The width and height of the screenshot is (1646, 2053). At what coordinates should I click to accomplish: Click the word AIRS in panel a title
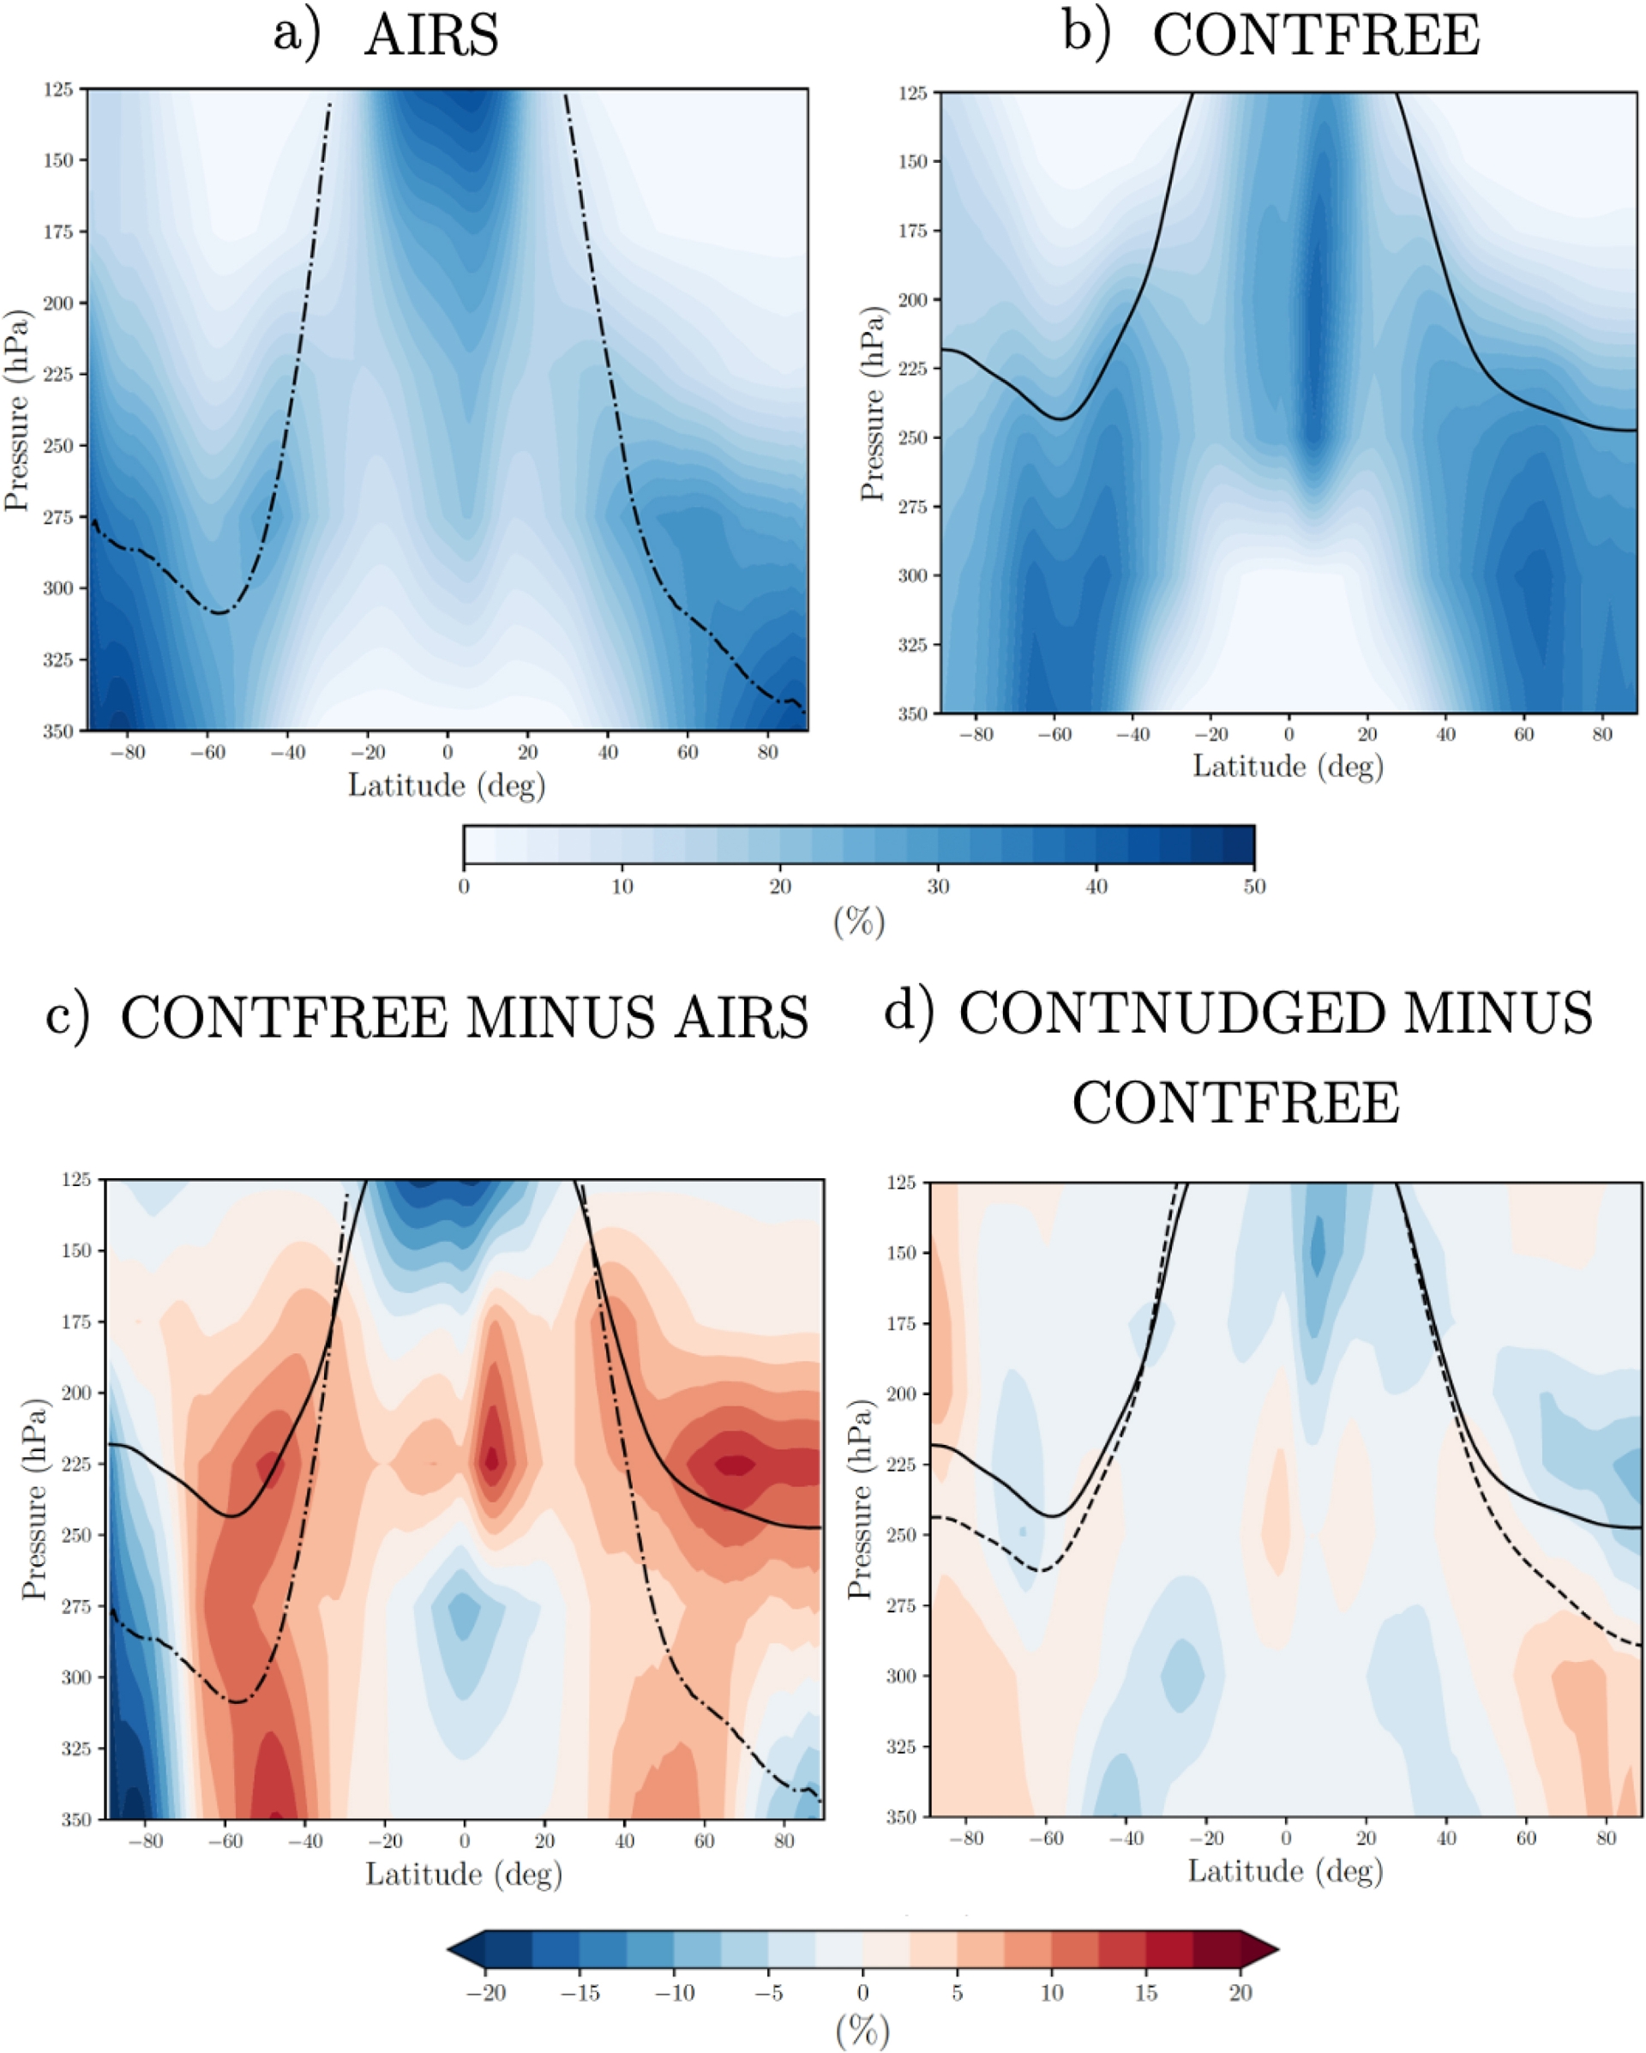[431, 36]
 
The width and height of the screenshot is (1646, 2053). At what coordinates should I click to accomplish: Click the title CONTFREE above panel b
[1316, 36]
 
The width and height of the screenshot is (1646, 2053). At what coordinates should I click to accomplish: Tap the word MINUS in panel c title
[561, 1018]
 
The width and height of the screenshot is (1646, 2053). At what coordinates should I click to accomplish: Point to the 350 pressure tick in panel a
[58, 731]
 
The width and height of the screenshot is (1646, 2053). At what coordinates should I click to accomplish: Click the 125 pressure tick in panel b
[913, 93]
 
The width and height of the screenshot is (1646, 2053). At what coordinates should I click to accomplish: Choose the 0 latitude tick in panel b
[1289, 734]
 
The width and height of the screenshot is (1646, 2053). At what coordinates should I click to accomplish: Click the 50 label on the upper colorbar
[1253, 887]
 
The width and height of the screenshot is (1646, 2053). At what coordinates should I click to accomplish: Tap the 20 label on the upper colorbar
[779, 887]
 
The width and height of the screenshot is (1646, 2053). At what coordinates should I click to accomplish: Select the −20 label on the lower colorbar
[485, 1993]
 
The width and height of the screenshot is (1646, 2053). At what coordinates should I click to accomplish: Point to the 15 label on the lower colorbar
[1146, 1993]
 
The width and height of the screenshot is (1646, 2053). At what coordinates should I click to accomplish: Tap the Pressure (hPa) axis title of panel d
[860, 1500]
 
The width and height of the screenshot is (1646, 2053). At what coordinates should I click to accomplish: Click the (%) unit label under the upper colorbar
[859, 922]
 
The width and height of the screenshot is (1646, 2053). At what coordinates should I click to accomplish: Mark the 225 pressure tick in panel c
[75, 1465]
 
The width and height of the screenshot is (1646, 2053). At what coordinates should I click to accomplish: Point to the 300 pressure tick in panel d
[899, 1675]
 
